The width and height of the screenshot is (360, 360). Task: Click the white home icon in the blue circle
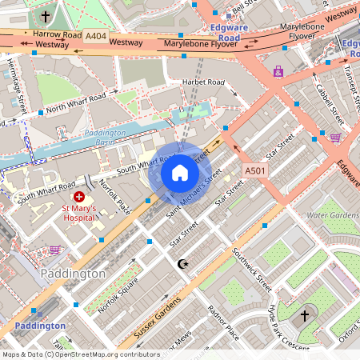[180, 173]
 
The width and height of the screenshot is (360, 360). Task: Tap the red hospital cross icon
[79, 196]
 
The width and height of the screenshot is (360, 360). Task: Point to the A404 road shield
[95, 36]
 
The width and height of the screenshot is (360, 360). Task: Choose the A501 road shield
[255, 171]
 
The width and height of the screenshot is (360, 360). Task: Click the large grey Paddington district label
[71, 274]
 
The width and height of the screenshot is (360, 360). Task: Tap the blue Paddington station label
[40, 326]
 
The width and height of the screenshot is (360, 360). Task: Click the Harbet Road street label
[205, 82]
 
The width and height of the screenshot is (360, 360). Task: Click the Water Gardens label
[334, 214]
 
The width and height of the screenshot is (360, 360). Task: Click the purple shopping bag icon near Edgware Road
[278, 70]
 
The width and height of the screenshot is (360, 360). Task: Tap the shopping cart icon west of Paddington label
[54, 250]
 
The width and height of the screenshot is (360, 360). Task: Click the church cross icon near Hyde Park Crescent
[304, 316]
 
